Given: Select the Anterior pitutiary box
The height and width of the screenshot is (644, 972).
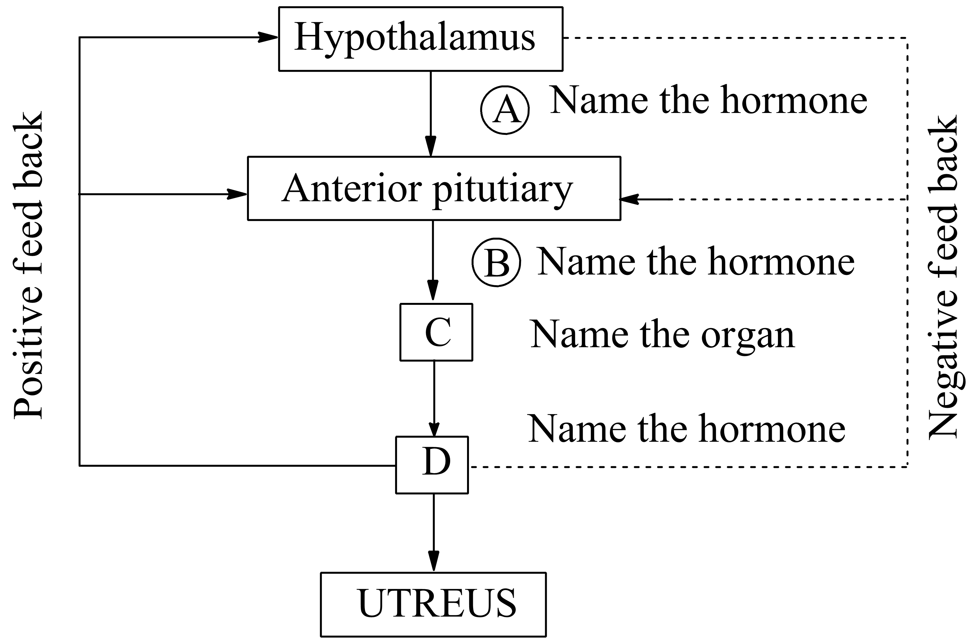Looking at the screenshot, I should [x=433, y=189].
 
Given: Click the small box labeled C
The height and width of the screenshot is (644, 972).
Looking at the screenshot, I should [x=436, y=332].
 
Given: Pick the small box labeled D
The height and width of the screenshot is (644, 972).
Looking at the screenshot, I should [x=432, y=465].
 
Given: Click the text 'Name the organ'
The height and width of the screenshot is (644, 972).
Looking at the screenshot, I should [x=662, y=335].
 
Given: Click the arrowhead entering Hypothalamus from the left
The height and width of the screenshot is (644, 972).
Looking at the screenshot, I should [x=268, y=37].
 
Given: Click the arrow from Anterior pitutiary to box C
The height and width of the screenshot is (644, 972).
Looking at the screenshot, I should [x=433, y=261].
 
